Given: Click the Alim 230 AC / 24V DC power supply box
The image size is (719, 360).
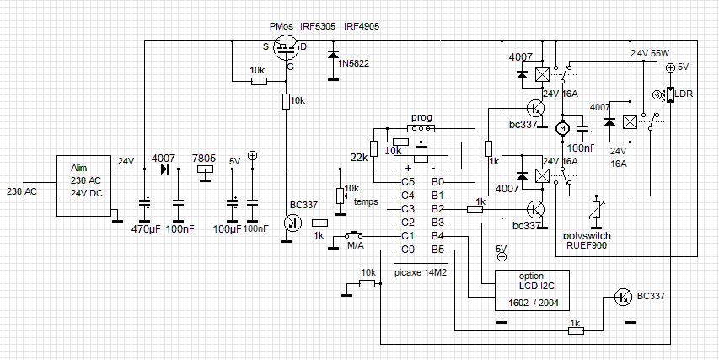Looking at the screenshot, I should [x=84, y=186].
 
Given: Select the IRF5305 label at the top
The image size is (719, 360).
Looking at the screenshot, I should [x=319, y=26].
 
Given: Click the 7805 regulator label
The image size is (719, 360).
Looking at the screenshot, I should [x=202, y=158].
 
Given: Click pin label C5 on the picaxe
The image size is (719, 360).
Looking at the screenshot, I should [x=407, y=181].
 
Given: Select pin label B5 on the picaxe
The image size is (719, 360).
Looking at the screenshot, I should [x=438, y=250].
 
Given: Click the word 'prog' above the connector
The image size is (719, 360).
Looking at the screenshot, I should [x=421, y=116].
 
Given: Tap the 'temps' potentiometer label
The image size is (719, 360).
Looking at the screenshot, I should [x=367, y=201].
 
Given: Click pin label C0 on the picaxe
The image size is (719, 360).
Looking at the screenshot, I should [x=407, y=250].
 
